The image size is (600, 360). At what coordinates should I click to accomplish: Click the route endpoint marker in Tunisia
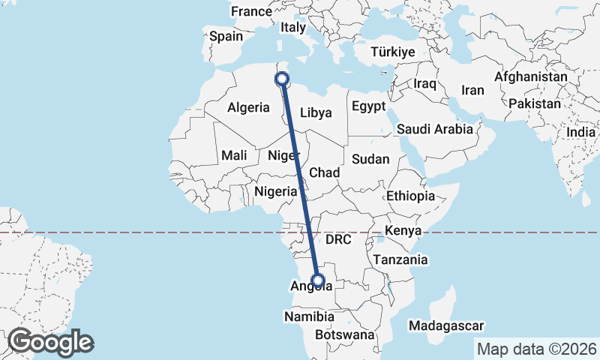283,79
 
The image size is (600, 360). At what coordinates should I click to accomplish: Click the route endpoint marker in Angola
318,282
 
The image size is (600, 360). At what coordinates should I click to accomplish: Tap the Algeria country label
248,107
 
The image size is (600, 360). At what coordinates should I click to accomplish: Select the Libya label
315,113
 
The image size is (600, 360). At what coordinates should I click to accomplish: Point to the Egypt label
368,106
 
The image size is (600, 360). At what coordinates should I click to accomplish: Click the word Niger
284,156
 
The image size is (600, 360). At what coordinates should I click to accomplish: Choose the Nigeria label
276,191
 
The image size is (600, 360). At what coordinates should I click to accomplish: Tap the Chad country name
325,173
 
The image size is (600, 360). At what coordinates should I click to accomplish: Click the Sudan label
370,159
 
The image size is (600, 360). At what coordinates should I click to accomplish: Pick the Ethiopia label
410,196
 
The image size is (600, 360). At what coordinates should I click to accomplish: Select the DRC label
338,240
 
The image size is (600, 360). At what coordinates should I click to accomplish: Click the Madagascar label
446,325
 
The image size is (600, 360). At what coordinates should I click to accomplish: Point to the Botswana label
344,334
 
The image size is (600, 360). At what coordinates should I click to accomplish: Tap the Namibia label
307,317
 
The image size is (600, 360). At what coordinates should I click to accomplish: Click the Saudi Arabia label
435,129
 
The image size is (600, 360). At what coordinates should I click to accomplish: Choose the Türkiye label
393,52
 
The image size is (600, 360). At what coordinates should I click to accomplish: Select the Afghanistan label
530,77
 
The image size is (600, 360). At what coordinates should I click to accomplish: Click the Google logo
50,342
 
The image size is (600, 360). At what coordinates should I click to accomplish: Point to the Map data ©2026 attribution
536,349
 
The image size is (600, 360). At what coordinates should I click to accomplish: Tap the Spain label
226,36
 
